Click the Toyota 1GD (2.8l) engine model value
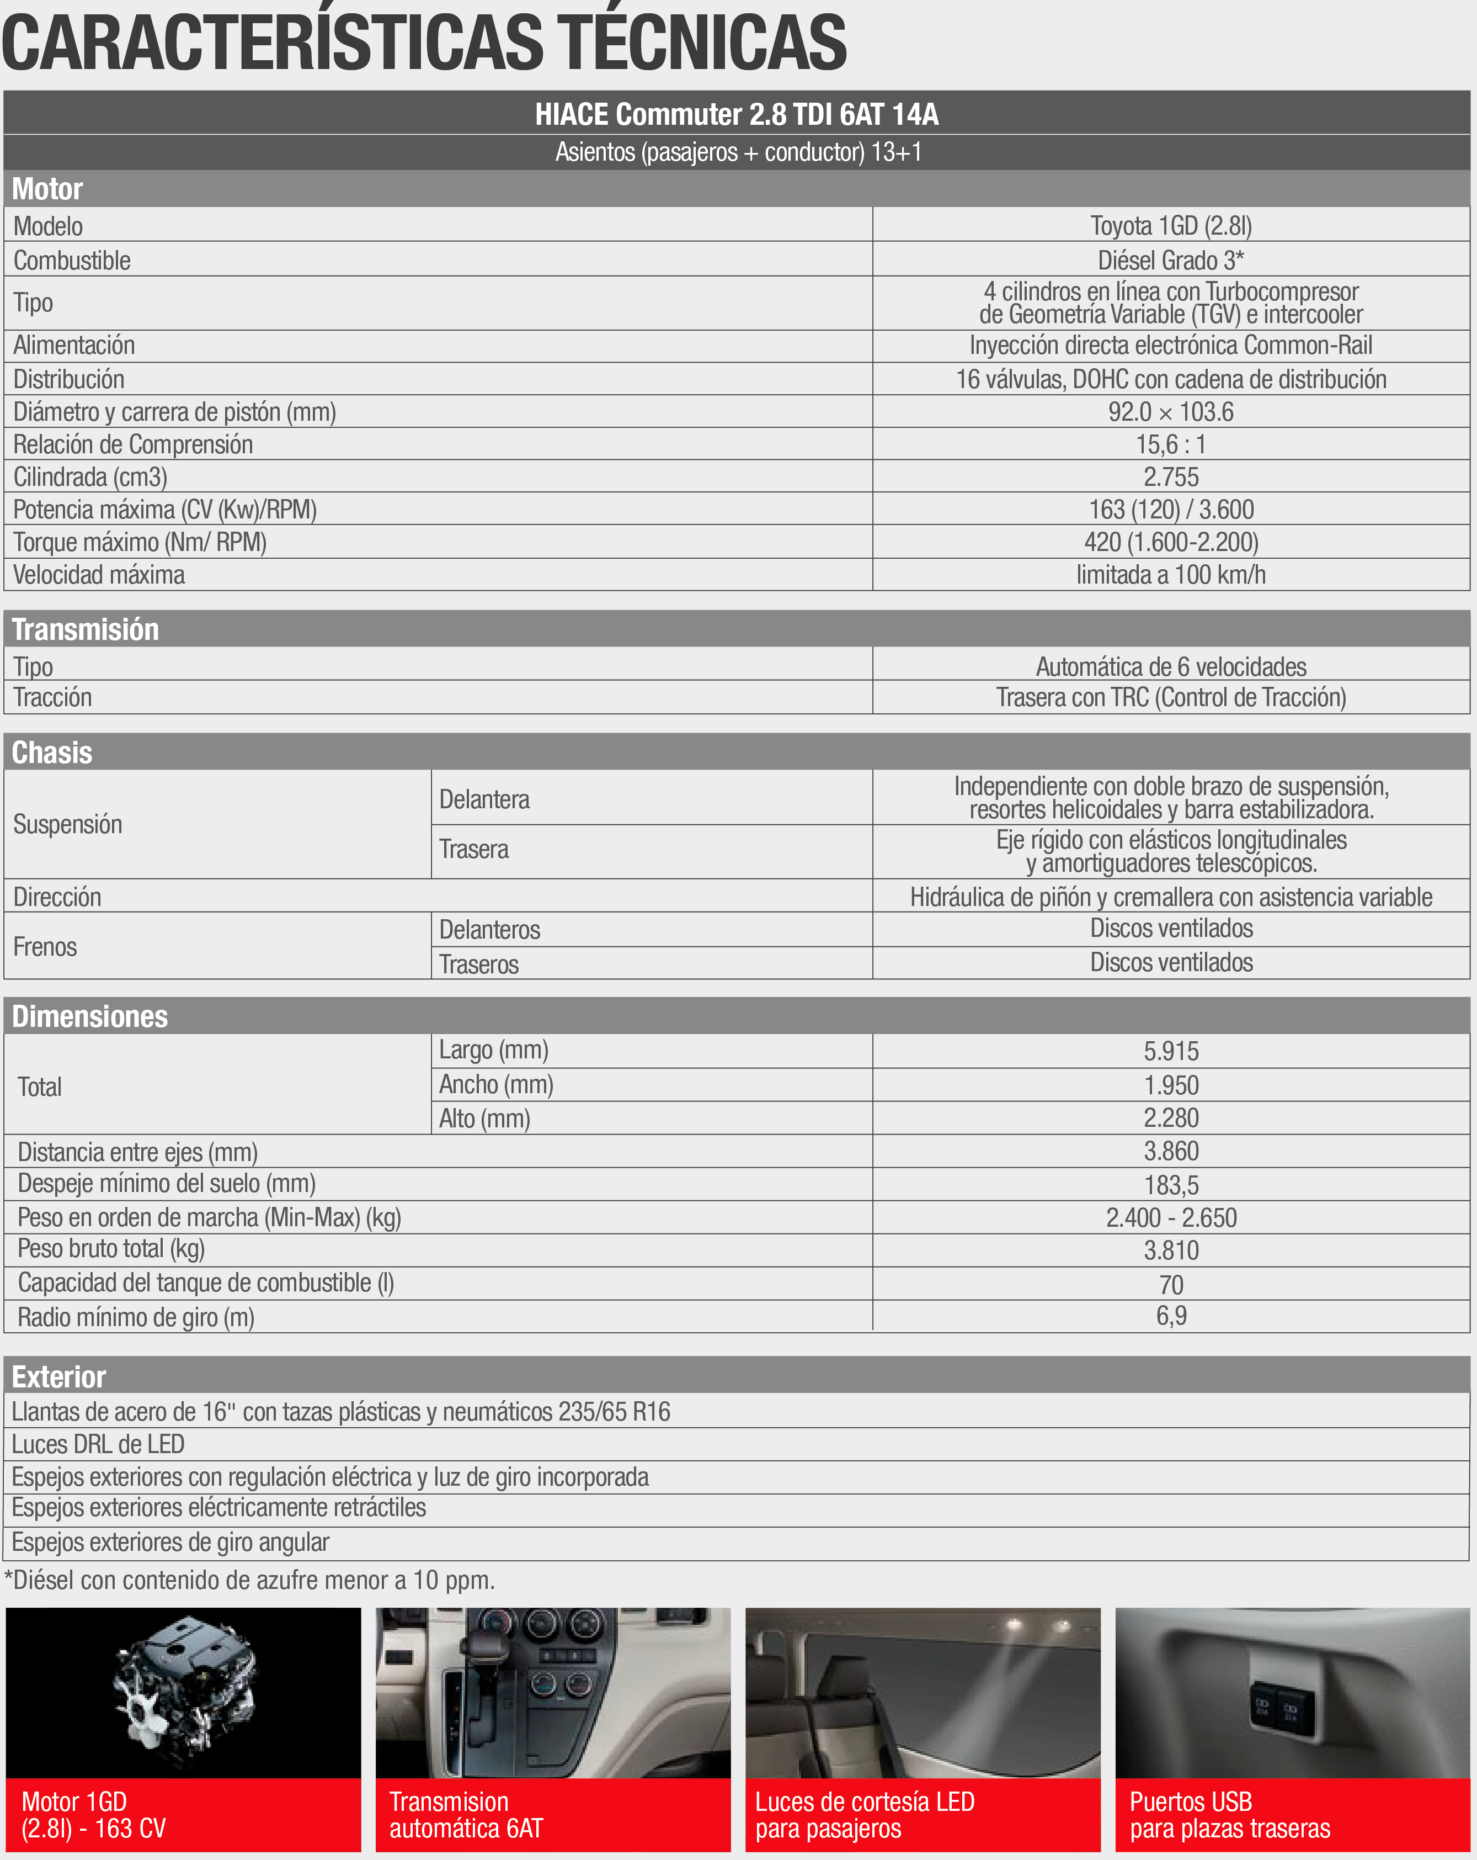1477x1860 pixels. pos(1170,226)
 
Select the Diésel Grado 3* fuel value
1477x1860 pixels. pos(1170,259)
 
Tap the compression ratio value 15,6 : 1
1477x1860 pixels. pos(1170,444)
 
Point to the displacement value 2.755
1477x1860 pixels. pos(1170,477)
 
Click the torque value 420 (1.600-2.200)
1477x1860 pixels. pos(1170,542)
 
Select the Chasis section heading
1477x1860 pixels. pos(52,753)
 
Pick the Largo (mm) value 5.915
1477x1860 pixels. pos(1170,1051)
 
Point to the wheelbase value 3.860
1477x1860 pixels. pos(1170,1151)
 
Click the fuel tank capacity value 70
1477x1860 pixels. pos(1170,1285)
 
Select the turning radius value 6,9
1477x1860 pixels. pos(1170,1316)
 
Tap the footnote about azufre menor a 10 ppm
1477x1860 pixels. pos(249,1580)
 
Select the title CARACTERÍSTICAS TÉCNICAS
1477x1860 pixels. pos(424,43)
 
